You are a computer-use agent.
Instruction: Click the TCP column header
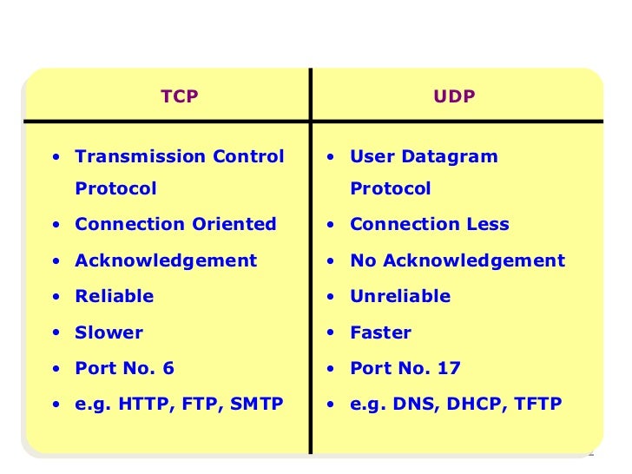click(180, 97)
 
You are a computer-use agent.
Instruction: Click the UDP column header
click(455, 97)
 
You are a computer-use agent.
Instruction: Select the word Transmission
click(130, 157)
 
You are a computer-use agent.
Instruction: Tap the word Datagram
click(449, 157)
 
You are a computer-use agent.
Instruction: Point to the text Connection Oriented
click(175, 224)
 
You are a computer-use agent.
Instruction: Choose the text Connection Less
click(429, 224)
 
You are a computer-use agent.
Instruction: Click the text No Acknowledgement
click(457, 260)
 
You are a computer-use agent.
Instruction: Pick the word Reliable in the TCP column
click(114, 296)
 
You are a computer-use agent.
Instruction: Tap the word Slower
click(109, 332)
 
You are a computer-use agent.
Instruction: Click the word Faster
click(380, 332)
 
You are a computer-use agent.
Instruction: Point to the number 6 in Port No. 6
click(168, 368)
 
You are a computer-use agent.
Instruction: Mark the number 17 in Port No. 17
click(450, 368)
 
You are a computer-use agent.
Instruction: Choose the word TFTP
click(538, 405)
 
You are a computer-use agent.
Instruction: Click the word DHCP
click(471, 405)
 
